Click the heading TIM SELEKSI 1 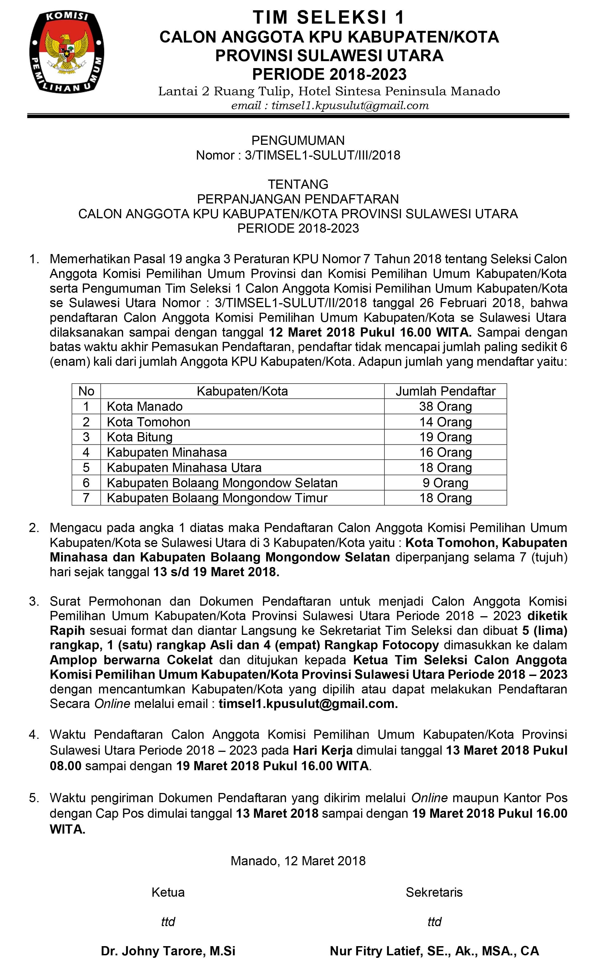pos(329,18)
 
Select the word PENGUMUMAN pos(298,140)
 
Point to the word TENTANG pos(298,184)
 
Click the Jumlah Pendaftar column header pos(445,391)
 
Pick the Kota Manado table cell pos(145,407)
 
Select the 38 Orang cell pos(445,407)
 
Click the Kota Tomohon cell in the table pos(148,422)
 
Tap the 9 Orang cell pos(445,483)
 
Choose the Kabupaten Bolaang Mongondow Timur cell pos(217,498)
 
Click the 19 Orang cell pos(445,437)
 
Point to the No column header pos(86,391)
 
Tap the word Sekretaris pos(434,892)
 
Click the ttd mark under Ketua pos(168,922)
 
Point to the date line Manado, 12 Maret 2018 pos(298,861)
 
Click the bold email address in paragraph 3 pos(308,703)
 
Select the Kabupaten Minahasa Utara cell pos(184,468)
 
